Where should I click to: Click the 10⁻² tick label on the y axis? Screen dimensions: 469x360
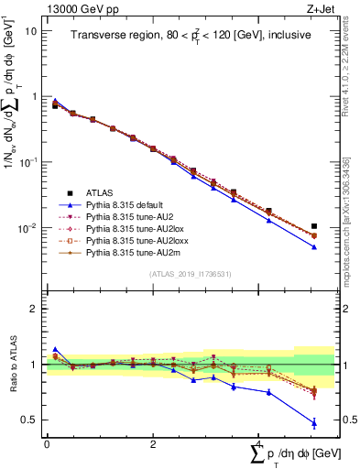[27, 227]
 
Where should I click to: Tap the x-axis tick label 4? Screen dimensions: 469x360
[258, 443]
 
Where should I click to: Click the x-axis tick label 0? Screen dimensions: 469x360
[47, 443]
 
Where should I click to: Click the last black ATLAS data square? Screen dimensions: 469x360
[314, 226]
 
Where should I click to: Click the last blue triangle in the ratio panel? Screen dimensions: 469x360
[314, 422]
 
